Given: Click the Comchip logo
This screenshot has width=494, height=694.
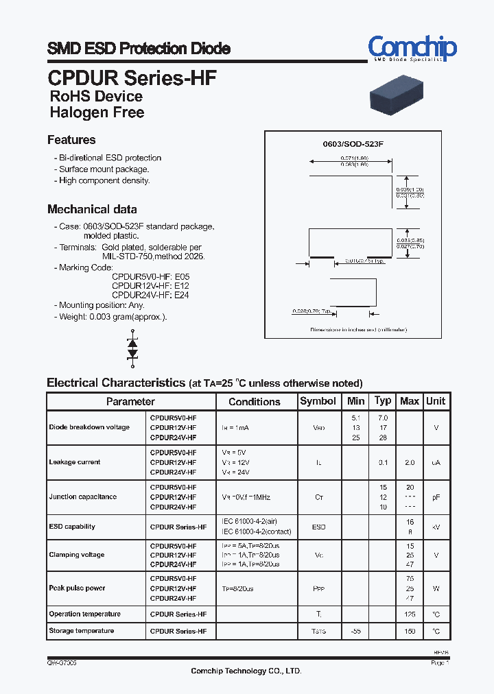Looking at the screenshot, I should point(412,47).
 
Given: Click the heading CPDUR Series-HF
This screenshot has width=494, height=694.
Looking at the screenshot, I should point(132,77).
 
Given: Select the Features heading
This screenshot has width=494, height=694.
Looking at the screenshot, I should point(71,140).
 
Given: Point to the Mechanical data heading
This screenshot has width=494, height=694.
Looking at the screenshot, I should point(92,209).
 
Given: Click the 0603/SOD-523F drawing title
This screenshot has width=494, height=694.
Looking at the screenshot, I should point(353,145).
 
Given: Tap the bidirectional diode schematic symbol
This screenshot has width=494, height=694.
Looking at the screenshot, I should point(133,350).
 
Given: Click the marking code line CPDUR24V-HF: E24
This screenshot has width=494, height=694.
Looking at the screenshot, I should point(150,295).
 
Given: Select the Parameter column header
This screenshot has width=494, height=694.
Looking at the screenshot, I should point(130,401).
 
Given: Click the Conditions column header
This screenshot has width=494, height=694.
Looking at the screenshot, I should point(255,402).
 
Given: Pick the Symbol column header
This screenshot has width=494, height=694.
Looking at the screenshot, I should point(318,401).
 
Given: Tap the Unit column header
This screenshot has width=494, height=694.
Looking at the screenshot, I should point(436,401).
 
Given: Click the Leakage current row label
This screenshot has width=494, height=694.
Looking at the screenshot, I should point(75,462).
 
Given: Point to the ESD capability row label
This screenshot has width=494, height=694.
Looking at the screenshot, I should point(72,527).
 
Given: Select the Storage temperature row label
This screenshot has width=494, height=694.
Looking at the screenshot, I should point(82,630).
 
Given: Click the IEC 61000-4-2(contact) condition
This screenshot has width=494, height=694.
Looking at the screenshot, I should point(256,531).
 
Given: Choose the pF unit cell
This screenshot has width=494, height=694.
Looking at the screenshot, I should point(436,497).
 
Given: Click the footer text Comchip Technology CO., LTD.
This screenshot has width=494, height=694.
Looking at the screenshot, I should point(246,671).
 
